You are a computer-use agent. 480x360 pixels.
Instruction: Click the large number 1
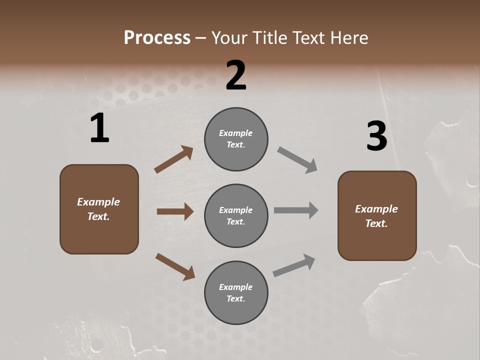point(99,128)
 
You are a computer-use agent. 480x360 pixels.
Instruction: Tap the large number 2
point(236,75)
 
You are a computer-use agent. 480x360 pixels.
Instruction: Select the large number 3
point(376,136)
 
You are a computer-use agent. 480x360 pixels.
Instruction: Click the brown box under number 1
point(99,209)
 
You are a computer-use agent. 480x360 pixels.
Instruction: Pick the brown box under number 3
point(377,215)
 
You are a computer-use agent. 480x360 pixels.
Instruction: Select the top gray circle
point(236,139)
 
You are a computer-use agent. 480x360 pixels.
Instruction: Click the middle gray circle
point(236,215)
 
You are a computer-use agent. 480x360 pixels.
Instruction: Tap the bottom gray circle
point(236,292)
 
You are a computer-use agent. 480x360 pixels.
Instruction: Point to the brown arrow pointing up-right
point(174,159)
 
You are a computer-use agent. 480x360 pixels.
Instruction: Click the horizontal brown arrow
point(175,211)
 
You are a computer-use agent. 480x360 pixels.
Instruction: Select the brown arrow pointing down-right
point(175,266)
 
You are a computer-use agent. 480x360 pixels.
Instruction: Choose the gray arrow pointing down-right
point(297,160)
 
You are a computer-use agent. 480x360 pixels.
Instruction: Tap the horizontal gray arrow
point(296,210)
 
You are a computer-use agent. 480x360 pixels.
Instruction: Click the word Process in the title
point(157,38)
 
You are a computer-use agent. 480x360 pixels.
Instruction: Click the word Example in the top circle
point(236,133)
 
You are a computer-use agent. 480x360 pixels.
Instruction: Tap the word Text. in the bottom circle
point(236,298)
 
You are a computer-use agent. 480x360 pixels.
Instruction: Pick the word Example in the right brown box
point(376,209)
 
